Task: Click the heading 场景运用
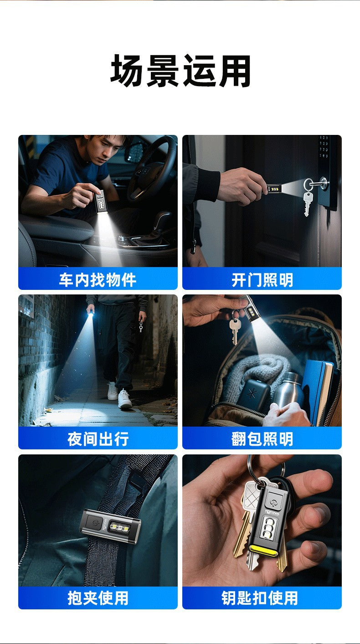point(180,71)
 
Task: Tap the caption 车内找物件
point(98,280)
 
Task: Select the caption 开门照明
point(262,280)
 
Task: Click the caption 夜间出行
point(98,439)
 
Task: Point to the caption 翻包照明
point(262,439)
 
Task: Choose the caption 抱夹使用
point(98,598)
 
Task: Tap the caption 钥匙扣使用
point(260,598)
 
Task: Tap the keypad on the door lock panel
point(324,147)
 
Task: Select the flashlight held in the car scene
point(101,201)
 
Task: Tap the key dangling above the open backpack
point(234,330)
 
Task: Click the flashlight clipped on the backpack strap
point(110,526)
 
